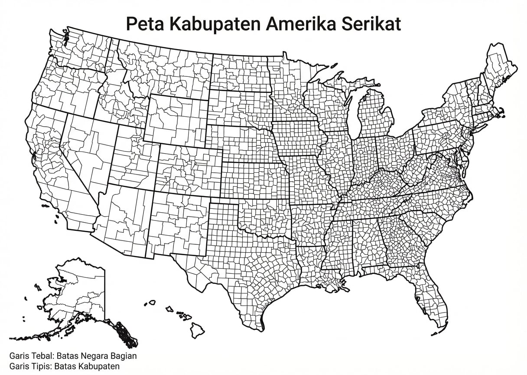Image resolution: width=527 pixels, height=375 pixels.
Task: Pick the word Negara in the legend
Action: click(94, 356)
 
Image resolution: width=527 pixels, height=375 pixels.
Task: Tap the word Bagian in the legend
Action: click(123, 356)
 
